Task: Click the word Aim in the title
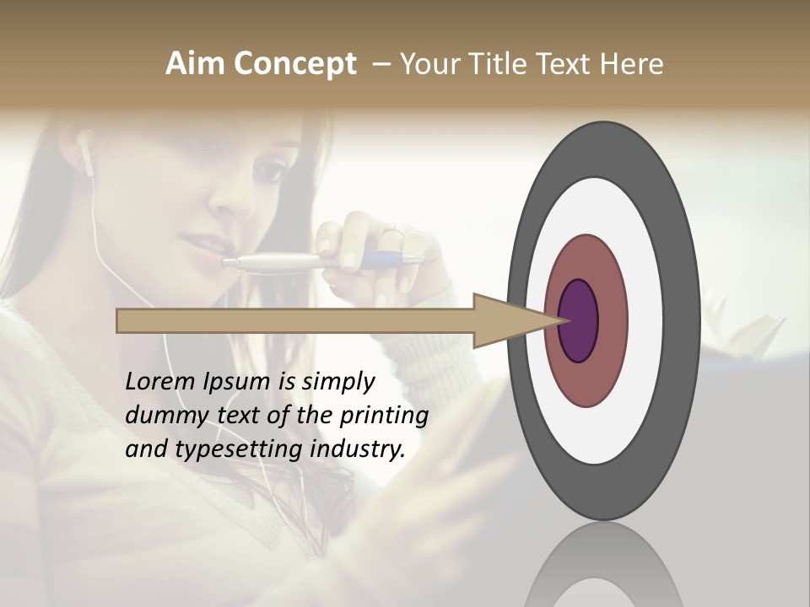(186, 64)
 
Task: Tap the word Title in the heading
(498, 64)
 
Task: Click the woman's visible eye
(270, 169)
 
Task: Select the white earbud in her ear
(87, 152)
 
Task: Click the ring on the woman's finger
(393, 230)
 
